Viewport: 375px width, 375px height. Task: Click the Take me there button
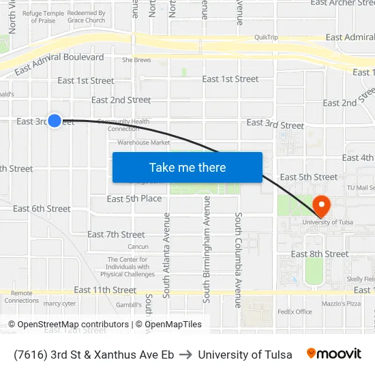coord(187,168)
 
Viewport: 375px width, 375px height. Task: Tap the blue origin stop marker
coord(55,120)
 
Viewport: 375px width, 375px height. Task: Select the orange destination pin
coord(320,205)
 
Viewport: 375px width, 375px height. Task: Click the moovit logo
coord(334,354)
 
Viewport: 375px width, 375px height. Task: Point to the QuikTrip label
coord(266,38)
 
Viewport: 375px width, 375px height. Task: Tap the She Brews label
coord(136,60)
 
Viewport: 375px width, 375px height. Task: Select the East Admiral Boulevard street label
coord(59,63)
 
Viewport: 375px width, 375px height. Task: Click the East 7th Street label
coord(116,235)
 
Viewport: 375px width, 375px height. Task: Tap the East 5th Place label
coord(134,198)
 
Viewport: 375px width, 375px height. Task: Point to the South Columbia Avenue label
coord(239,259)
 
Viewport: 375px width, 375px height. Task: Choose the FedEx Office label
coord(295,312)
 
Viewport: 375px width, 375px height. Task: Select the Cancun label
coord(138,247)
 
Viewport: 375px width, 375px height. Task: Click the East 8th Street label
coord(320,254)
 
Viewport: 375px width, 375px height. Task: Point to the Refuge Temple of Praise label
coord(43,17)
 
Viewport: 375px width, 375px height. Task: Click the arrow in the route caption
coord(185,355)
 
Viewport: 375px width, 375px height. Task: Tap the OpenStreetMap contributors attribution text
coord(71,325)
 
